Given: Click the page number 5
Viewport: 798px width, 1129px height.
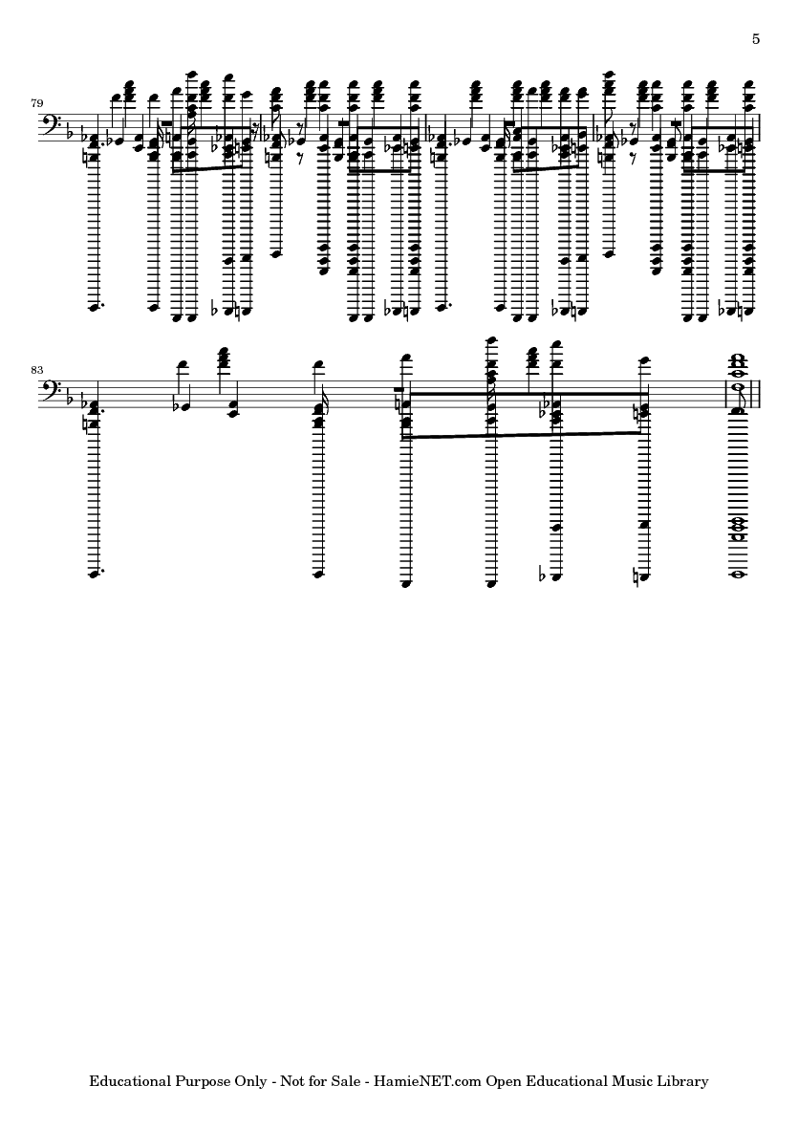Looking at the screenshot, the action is click(x=756, y=39).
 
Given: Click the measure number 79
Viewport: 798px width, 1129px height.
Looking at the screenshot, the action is click(x=36, y=103).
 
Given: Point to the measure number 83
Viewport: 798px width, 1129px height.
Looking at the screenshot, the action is click(x=36, y=370).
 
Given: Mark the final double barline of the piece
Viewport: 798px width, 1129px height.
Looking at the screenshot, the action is click(x=756, y=393).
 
